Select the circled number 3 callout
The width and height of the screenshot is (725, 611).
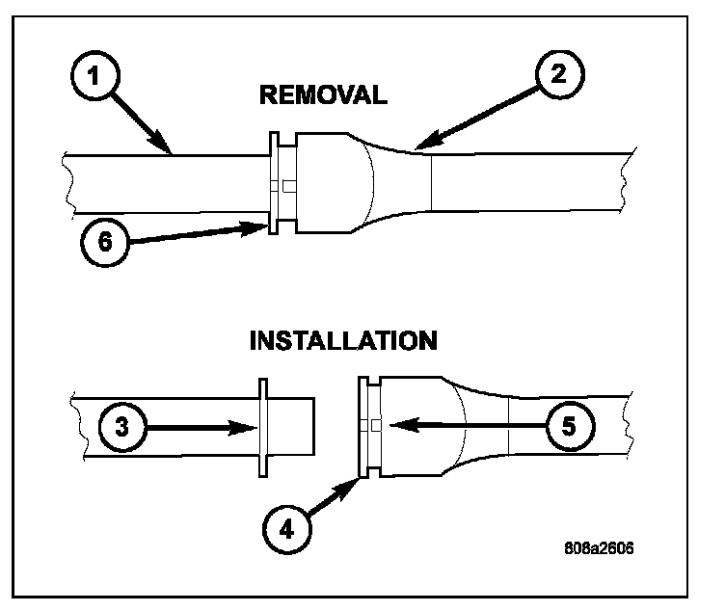pos(120,426)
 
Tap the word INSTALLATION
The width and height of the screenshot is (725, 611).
pos(342,341)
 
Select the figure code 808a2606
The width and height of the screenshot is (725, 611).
pos(600,552)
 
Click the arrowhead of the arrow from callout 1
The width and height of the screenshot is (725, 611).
pos(170,150)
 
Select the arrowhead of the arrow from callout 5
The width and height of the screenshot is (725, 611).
pos(396,423)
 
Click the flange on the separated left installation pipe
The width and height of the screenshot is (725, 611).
pos(262,426)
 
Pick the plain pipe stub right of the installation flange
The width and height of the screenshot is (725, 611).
pos(291,426)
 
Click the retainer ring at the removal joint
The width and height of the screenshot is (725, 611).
pos(273,183)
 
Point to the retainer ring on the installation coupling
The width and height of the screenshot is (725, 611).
pos(362,425)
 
